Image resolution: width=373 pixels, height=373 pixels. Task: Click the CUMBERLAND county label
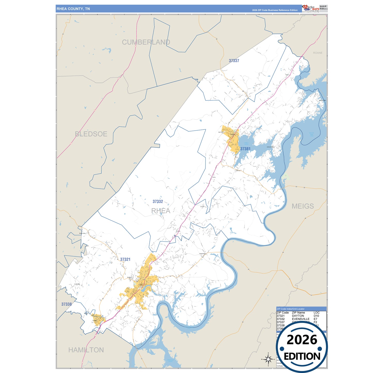[146, 42]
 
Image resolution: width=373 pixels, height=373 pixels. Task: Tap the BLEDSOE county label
[91, 134]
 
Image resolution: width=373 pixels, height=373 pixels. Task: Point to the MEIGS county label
[303, 206]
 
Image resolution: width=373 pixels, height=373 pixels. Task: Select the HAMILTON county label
[86, 350]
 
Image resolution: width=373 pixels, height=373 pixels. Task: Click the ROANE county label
[318, 53]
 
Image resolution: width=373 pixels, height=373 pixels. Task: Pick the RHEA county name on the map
[161, 211]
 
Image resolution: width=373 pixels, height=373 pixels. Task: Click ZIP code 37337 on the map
[234, 61]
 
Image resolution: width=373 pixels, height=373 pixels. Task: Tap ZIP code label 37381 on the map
[245, 149]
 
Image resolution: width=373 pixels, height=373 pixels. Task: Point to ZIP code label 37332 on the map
[158, 202]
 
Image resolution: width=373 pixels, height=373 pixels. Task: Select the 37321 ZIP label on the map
[125, 259]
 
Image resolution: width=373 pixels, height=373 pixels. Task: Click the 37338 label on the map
[66, 304]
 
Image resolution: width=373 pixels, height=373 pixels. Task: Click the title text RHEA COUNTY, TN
[73, 9]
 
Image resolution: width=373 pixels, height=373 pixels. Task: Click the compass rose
[268, 359]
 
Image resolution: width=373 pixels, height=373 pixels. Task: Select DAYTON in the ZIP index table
[298, 316]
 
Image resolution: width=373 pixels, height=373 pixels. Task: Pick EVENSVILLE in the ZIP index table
[300, 319]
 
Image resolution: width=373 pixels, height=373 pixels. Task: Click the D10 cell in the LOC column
[316, 316]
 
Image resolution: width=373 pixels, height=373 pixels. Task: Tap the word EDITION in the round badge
[302, 356]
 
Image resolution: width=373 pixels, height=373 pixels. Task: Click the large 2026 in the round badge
[302, 340]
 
